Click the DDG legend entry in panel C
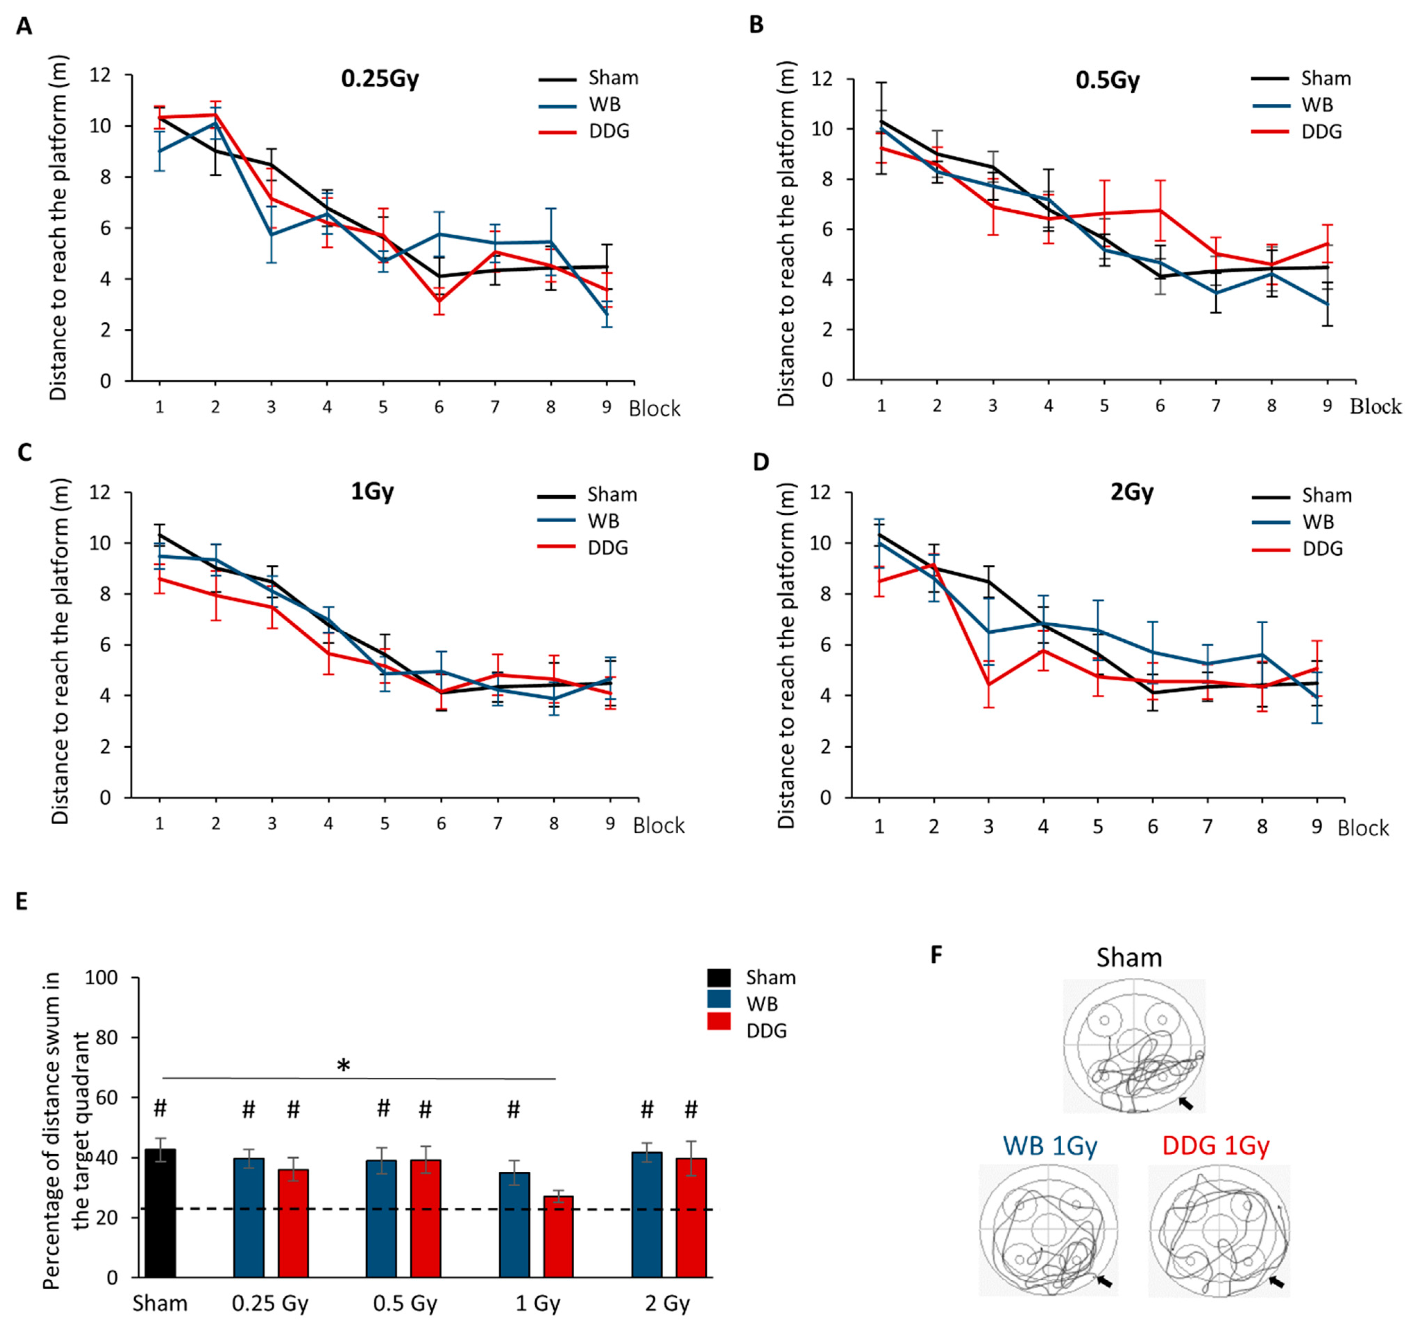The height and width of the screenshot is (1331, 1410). pos(608,548)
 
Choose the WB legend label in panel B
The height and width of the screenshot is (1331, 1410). pos(1317,105)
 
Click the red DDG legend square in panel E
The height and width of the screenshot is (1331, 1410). pos(719,1030)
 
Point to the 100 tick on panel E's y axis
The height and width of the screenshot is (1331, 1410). pos(102,978)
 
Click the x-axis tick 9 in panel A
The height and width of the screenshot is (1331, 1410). pos(606,407)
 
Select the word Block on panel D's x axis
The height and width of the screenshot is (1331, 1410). pos(1362,829)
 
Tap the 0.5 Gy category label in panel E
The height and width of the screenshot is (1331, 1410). pos(405,1303)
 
